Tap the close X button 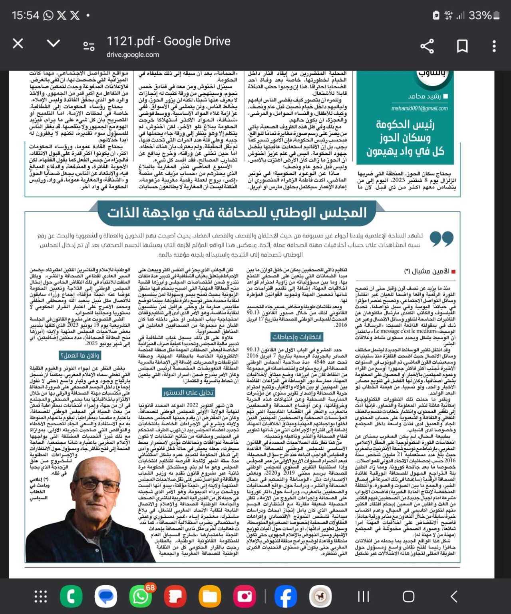click(18, 44)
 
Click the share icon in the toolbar click(427, 46)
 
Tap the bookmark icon click(462, 46)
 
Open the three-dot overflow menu click(494, 46)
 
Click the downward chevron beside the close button click(53, 43)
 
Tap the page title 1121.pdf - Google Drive click(168, 41)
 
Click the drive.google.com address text click(133, 55)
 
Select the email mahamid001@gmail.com click(420, 108)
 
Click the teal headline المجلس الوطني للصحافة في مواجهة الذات click(237, 213)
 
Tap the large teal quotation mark click(441, 239)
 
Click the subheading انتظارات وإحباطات click(296, 337)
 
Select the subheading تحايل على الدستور click(188, 392)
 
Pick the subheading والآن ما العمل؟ click(80, 355)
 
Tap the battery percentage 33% click(480, 16)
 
